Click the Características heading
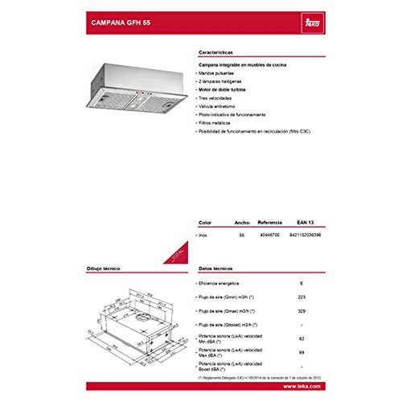[x=217, y=49]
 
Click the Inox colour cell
[x=203, y=234]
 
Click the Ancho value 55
[x=240, y=234]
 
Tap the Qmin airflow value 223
[x=301, y=297]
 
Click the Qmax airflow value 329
[x=301, y=310]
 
